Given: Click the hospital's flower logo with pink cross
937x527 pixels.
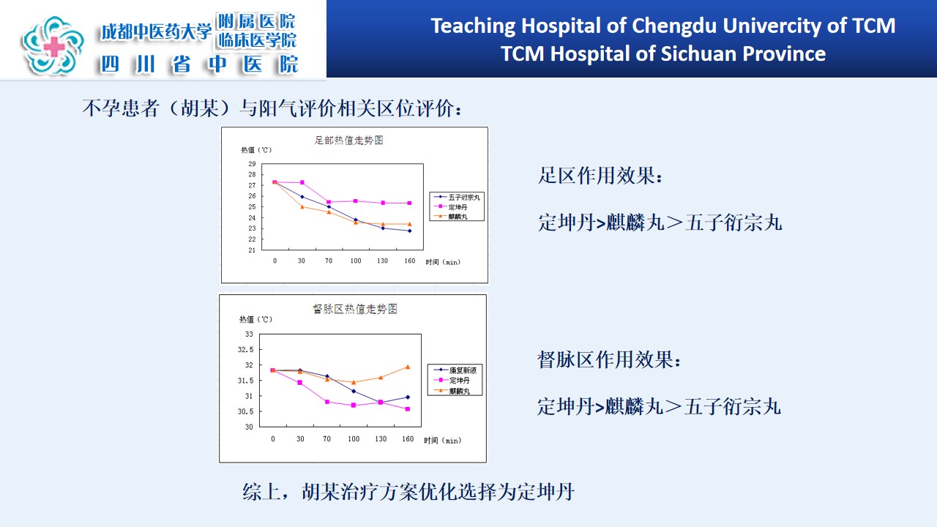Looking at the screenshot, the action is tap(53, 45).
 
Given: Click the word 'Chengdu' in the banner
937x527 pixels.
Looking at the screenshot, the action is tap(673, 26).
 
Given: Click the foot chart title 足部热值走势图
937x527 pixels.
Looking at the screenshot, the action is tap(349, 140).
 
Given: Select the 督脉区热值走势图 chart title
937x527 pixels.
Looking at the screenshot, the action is tap(355, 309).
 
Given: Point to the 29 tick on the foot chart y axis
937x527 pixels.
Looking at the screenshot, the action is tap(252, 163).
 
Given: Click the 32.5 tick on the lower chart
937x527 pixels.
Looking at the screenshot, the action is tap(245, 350).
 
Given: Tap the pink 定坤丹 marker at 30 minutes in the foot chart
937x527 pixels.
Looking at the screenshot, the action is tap(302, 182).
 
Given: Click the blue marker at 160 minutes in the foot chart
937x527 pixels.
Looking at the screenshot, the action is tap(409, 231).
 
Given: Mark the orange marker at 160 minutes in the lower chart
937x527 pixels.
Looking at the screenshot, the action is tap(408, 367).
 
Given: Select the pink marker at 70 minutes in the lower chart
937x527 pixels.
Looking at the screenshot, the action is tap(327, 402).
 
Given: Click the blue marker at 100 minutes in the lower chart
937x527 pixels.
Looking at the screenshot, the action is tap(354, 392).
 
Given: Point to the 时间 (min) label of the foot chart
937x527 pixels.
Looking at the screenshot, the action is tap(443, 262).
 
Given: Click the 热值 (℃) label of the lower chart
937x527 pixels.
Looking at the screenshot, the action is tap(255, 320).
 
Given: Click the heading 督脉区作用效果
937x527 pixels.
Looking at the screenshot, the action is tap(609, 359).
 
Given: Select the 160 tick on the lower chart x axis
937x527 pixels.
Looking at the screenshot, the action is tap(408, 438).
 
